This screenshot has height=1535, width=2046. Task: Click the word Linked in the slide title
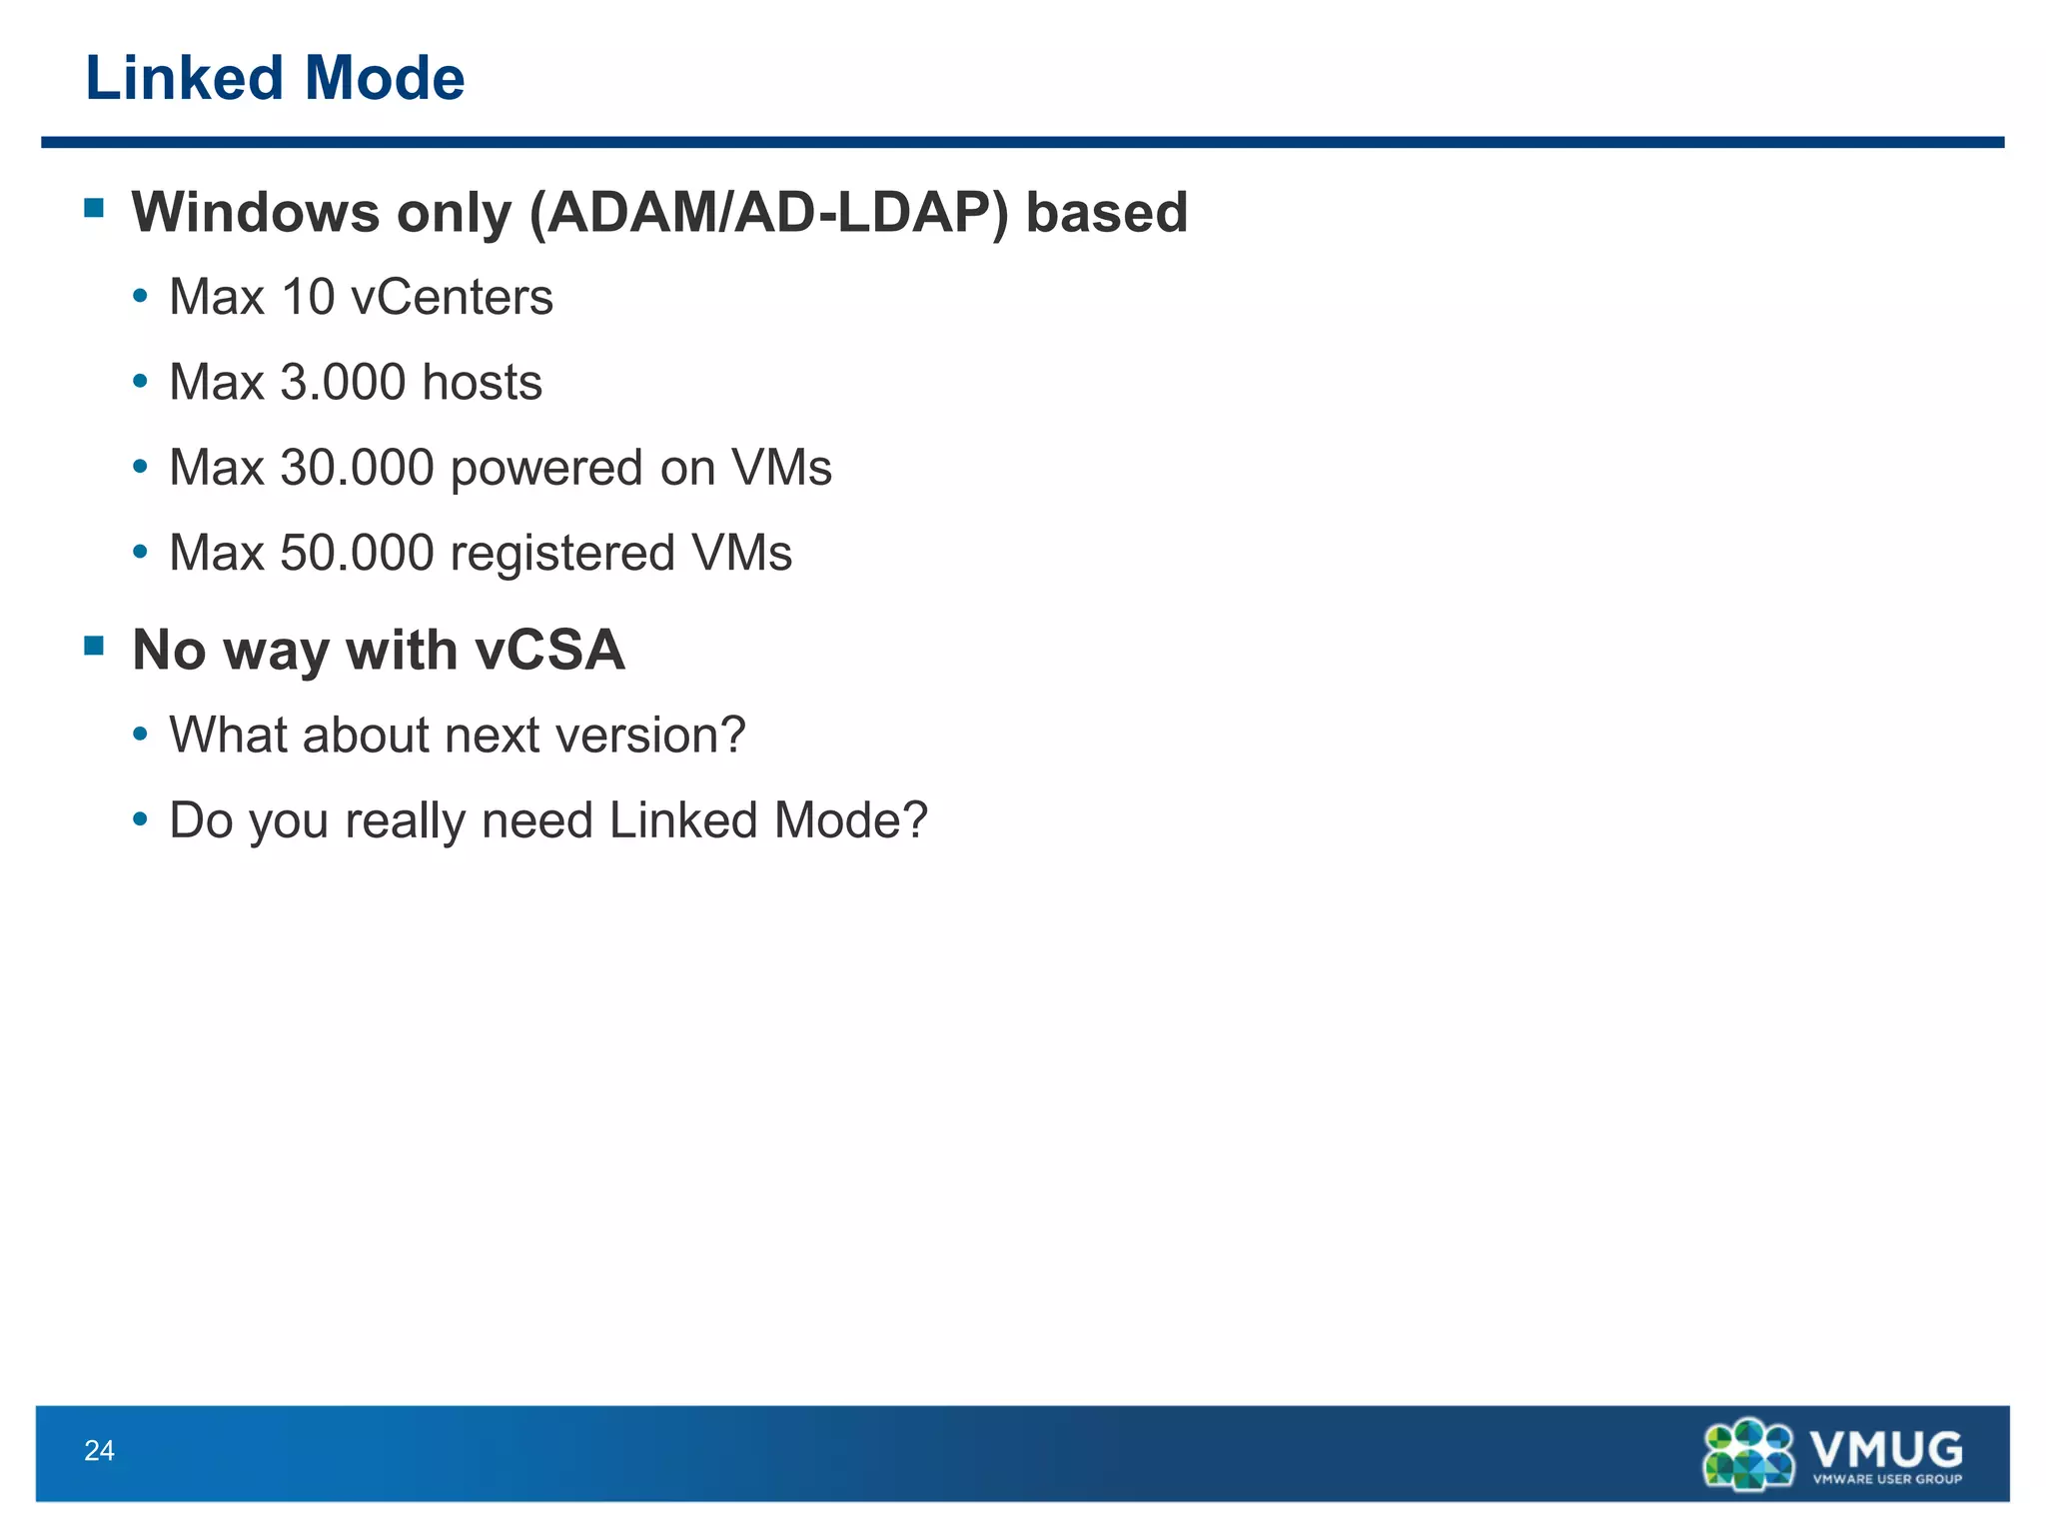click(186, 79)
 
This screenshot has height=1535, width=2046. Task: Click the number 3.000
click(343, 383)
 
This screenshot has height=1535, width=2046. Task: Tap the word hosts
click(483, 383)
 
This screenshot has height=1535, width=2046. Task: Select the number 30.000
click(357, 468)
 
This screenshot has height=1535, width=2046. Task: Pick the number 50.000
click(357, 554)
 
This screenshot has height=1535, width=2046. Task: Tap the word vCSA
click(549, 651)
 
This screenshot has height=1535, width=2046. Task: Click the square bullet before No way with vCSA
click(95, 646)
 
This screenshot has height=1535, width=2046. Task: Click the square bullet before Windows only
click(95, 208)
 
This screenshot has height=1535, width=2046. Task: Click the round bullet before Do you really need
click(141, 819)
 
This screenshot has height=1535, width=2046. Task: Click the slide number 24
click(99, 1451)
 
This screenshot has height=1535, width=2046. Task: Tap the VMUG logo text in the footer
click(1885, 1448)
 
